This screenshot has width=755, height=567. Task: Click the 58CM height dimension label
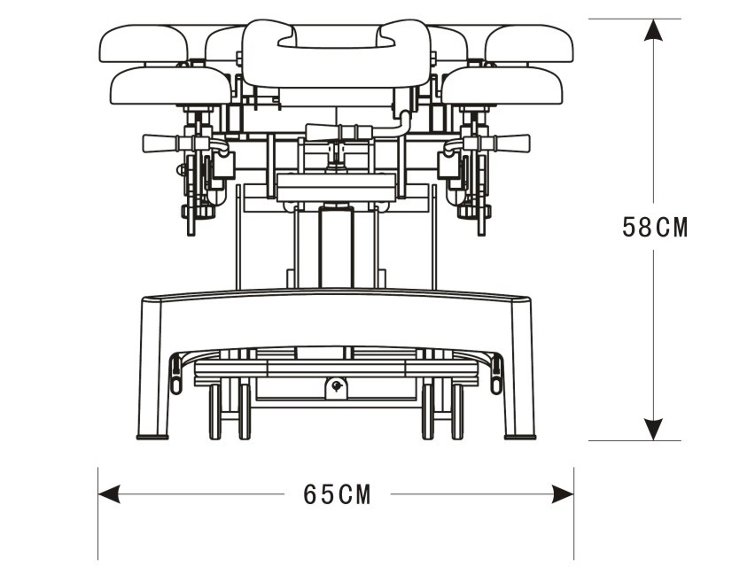(x=655, y=228)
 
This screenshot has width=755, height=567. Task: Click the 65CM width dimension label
(x=337, y=494)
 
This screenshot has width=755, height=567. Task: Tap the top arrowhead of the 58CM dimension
(x=654, y=31)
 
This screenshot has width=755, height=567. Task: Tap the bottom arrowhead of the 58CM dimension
(x=654, y=429)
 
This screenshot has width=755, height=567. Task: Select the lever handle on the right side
(x=511, y=143)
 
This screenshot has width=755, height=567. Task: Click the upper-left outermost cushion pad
(x=143, y=43)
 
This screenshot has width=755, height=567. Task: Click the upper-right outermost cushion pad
(x=529, y=43)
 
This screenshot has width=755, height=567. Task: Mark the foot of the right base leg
(x=520, y=434)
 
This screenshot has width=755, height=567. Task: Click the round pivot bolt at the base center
(x=336, y=385)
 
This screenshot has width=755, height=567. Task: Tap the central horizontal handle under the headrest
(x=337, y=132)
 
